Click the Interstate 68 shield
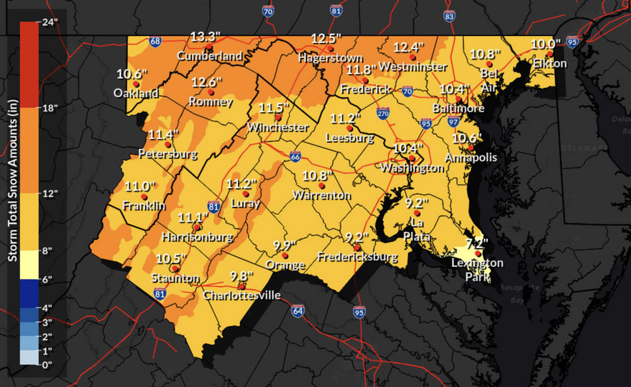[155, 42]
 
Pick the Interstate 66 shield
[295, 155]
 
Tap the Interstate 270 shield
[383, 114]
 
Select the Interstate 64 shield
[298, 311]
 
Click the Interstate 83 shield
[449, 15]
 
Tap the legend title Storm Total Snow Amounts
[12, 194]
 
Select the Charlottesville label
[241, 295]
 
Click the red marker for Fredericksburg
[356, 247]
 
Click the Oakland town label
[135, 94]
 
